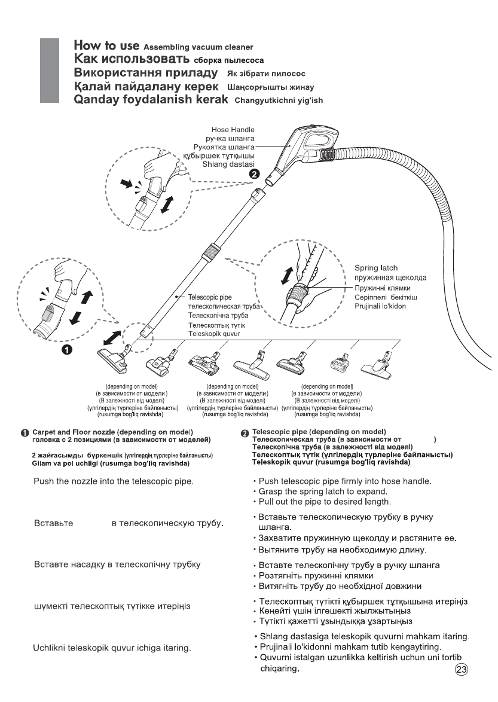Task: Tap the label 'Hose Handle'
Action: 233,129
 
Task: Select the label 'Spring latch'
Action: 376,268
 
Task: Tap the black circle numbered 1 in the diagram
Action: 68,350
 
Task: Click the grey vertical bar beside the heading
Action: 50,72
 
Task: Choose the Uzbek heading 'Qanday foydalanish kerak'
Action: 151,100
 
